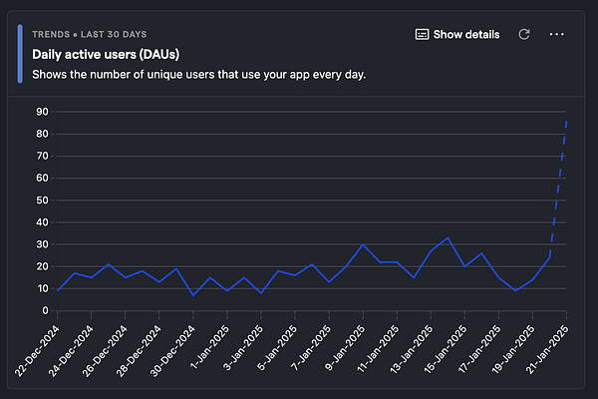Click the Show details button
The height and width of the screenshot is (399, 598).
[457, 35]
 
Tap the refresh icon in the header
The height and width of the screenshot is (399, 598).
[524, 35]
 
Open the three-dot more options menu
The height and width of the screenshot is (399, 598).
[557, 35]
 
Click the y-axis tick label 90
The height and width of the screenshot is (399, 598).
[44, 111]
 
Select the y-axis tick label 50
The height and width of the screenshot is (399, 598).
[44, 200]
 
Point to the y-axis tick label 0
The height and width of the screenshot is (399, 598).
[47, 311]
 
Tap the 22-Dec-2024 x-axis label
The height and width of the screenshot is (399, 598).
[38, 348]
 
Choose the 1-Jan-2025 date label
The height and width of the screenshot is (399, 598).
[210, 346]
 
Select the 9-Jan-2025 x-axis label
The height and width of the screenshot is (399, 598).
[346, 346]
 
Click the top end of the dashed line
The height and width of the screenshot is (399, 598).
[566, 120]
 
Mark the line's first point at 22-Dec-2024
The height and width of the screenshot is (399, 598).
[58, 289]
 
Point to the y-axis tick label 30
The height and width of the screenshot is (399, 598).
[44, 244]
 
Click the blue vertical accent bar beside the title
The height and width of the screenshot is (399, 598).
[21, 54]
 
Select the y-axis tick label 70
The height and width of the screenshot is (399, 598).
[44, 156]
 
